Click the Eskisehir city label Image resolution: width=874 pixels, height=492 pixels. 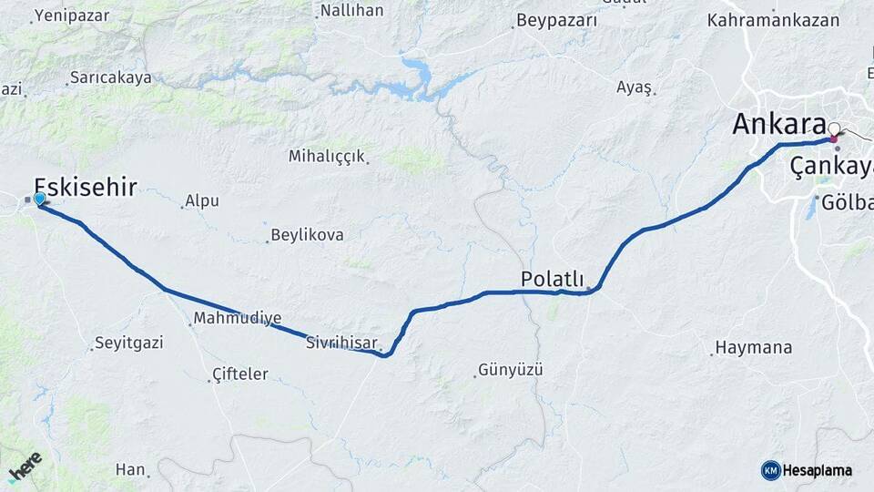86,188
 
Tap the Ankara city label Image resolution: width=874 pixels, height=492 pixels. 777,124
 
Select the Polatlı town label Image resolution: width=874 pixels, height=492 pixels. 552,278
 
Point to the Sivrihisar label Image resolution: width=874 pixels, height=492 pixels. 341,343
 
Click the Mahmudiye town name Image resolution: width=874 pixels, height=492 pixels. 237,319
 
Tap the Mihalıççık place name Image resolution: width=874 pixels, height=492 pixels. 327,156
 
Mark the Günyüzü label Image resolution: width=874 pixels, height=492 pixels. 511,370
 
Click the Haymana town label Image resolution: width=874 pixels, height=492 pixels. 754,347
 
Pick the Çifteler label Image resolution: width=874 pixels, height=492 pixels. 239,374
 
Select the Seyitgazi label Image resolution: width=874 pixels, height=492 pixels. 132,343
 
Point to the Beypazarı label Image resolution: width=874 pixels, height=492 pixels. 556,20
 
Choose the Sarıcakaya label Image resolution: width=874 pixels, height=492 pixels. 111,78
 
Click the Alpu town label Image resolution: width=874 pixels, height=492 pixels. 202,200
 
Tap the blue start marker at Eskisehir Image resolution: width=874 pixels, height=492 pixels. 39,198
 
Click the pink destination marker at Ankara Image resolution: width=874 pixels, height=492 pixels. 834,138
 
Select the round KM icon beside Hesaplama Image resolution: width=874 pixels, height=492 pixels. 770,470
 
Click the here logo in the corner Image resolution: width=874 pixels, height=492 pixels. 25,466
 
